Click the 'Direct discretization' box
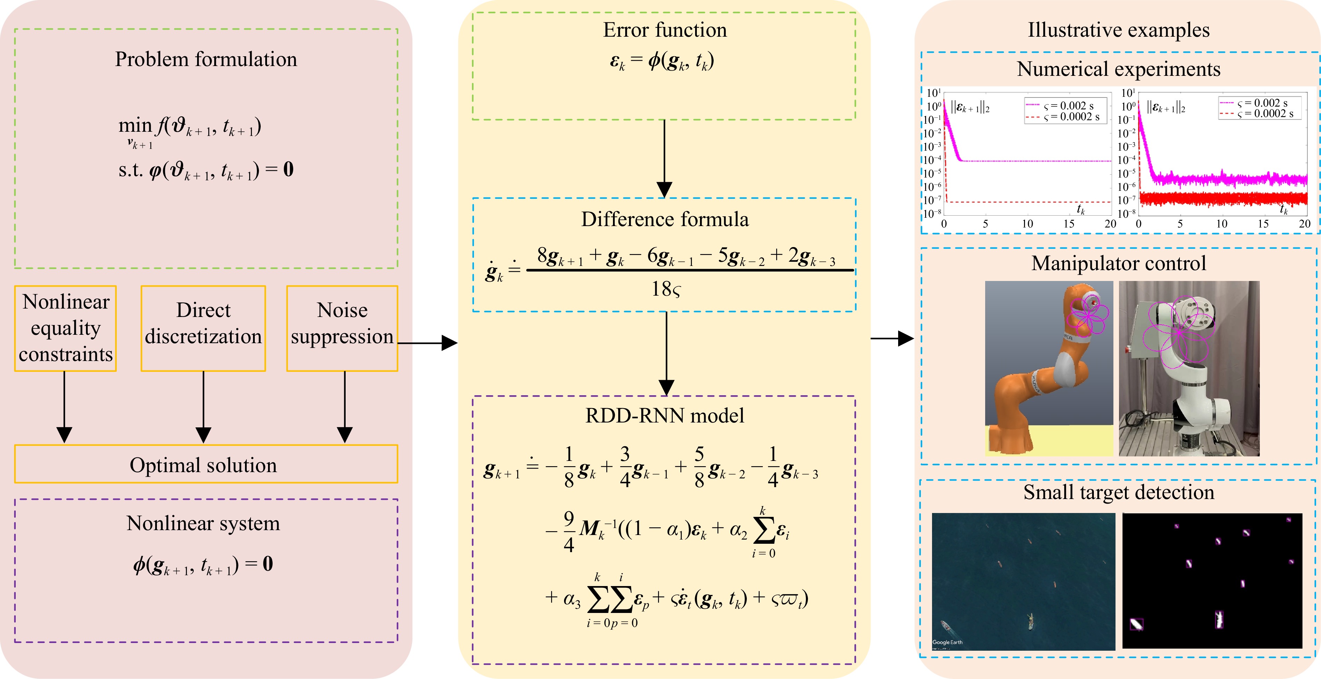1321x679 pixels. [203, 328]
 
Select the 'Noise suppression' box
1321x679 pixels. [342, 328]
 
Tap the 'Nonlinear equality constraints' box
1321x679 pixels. [66, 328]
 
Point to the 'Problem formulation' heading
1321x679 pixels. [205, 59]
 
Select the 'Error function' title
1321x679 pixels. [665, 30]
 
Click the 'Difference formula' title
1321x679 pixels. [665, 219]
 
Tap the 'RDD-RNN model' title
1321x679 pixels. [665, 416]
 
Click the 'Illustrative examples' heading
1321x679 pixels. [1118, 30]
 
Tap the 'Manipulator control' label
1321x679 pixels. [1118, 263]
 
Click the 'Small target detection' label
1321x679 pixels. [1118, 492]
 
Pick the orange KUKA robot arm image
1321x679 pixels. [1049, 368]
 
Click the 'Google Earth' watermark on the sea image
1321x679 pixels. [947, 642]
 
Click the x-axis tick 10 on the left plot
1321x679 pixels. [1027, 224]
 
